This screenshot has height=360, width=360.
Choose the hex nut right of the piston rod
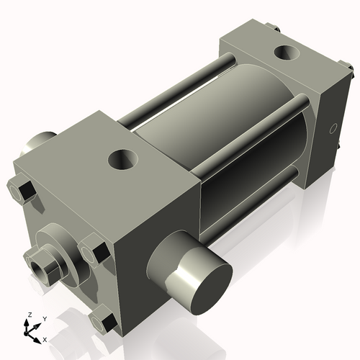pyautogui.click(x=94, y=251)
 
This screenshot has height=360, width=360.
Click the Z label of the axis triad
pyautogui.click(x=30, y=315)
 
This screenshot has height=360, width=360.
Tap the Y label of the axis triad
pyautogui.click(x=45, y=318)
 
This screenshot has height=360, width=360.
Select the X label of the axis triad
pyautogui.click(x=45, y=338)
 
